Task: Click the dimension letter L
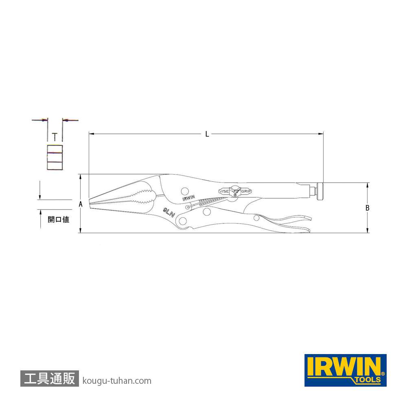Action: point(207,134)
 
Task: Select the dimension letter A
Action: point(81,204)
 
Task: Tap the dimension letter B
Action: point(367,208)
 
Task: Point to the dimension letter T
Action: point(55,137)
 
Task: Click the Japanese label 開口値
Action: point(58,219)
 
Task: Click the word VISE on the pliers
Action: point(224,191)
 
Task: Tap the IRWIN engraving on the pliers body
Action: point(188,198)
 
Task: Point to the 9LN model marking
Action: point(169,212)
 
